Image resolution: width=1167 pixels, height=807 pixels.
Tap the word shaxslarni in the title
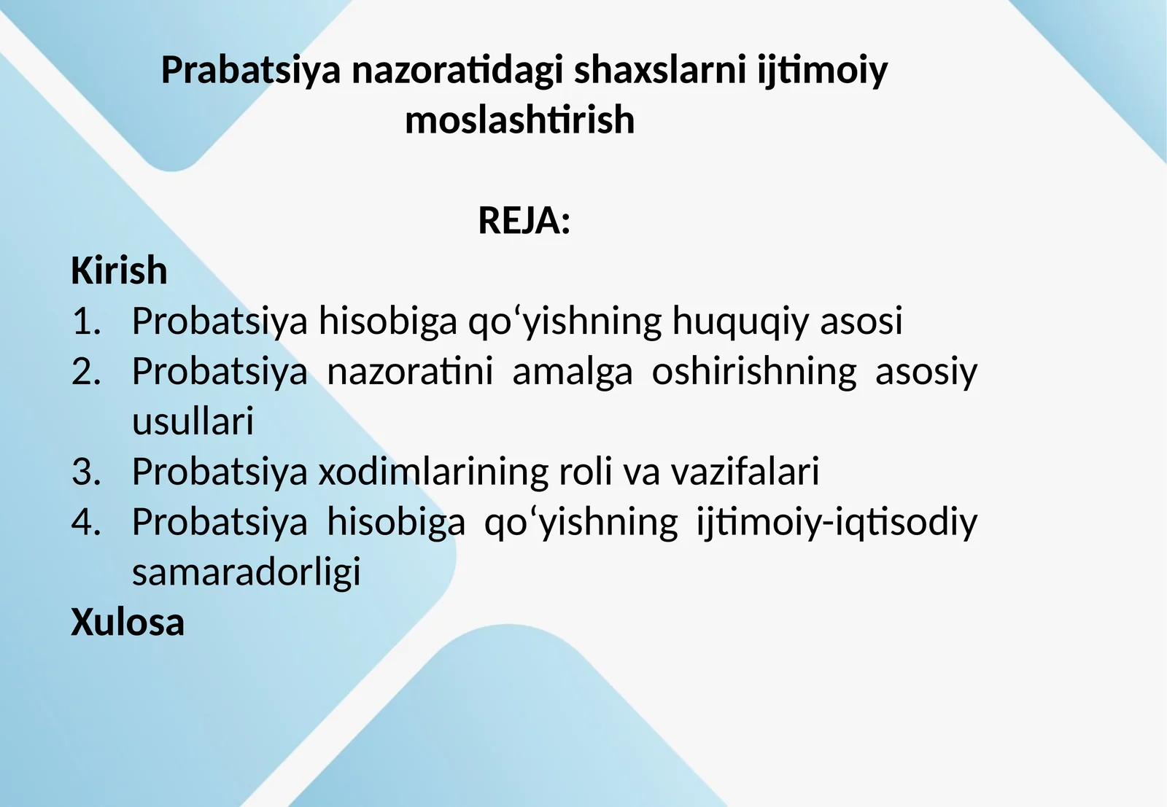[660, 71]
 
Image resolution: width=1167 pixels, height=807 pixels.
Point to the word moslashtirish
[520, 120]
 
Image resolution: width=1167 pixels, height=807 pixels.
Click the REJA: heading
[524, 220]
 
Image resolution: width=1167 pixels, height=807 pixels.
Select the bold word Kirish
[119, 270]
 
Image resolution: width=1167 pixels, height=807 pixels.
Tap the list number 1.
[86, 321]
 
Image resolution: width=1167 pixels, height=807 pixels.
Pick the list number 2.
[86, 372]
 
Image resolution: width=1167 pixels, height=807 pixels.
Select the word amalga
[572, 372]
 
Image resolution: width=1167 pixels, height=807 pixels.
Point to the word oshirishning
[753, 372]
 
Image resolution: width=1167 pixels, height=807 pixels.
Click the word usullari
[193, 422]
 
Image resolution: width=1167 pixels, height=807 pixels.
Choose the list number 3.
[86, 472]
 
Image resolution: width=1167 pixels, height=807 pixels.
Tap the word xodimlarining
[433, 472]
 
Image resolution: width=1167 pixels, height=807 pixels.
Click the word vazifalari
[745, 472]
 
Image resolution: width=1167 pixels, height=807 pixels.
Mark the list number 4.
[86, 523]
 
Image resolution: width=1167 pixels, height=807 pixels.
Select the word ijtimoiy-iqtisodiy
[837, 523]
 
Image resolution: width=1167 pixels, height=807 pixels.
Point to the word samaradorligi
[246, 573]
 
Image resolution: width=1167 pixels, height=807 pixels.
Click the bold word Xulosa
[128, 623]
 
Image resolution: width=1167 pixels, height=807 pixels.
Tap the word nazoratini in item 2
[410, 372]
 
